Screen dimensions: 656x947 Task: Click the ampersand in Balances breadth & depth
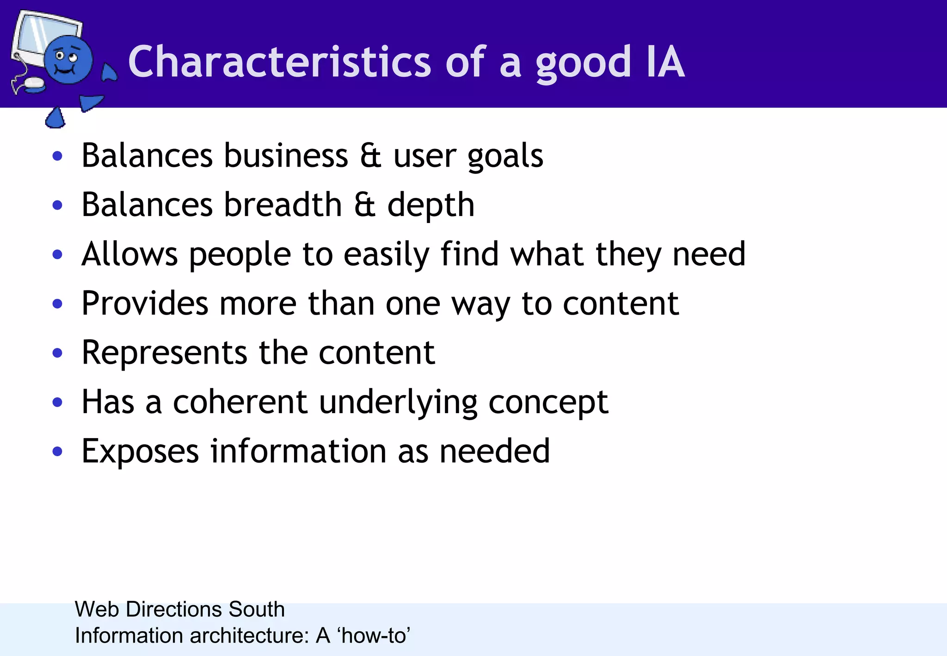365,204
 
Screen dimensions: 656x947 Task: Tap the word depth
430,205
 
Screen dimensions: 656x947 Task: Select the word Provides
145,303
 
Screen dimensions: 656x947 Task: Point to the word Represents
164,353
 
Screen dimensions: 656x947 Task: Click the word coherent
240,402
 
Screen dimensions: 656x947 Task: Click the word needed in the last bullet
494,451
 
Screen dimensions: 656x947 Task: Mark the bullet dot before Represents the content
57,353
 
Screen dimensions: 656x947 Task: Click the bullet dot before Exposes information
57,452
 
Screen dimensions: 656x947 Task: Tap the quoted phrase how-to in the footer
375,636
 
